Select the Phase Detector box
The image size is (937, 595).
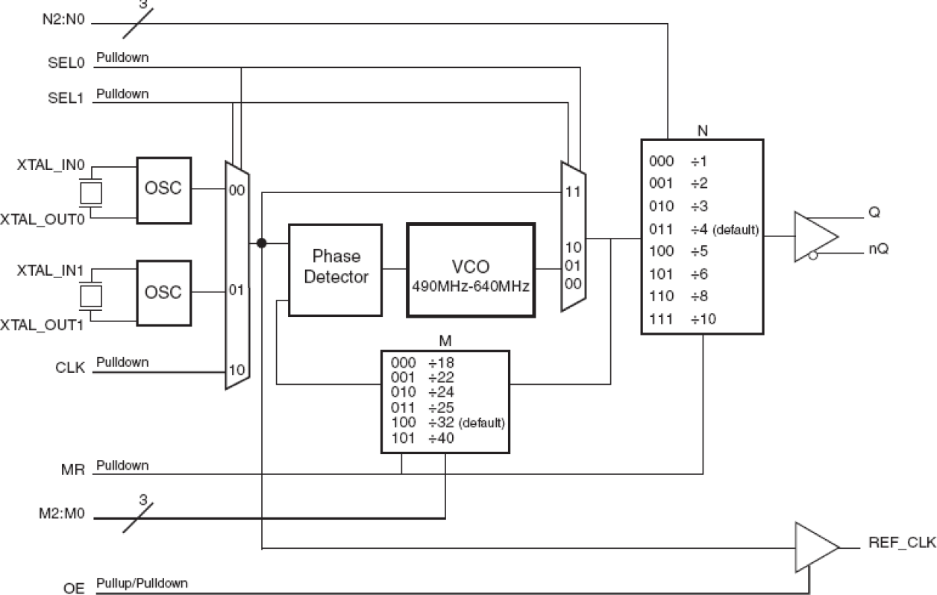[329, 268]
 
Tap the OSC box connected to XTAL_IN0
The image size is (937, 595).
[163, 189]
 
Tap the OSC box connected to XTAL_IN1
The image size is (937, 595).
[163, 292]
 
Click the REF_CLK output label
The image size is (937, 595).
[901, 545]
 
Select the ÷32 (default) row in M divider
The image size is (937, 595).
[445, 424]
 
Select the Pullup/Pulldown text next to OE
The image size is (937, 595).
[142, 583]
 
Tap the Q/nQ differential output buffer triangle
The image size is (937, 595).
[813, 236]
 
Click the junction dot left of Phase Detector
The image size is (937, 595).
[261, 243]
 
